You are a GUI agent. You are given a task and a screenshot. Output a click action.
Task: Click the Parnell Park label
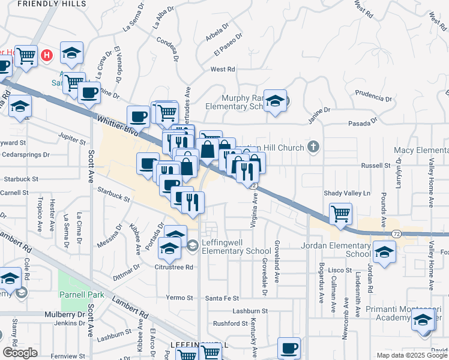(x=82, y=295)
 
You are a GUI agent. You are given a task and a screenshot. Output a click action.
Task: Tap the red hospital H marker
(x=47, y=56)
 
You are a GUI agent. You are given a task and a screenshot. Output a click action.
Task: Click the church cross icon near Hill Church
(x=313, y=147)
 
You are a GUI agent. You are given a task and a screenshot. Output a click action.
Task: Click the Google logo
(x=20, y=352)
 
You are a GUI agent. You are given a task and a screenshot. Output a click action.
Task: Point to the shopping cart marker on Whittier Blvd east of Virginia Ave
(x=340, y=213)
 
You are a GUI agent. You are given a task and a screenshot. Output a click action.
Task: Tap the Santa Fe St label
(x=222, y=298)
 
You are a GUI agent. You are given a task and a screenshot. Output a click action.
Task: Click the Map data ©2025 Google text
(x=412, y=355)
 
